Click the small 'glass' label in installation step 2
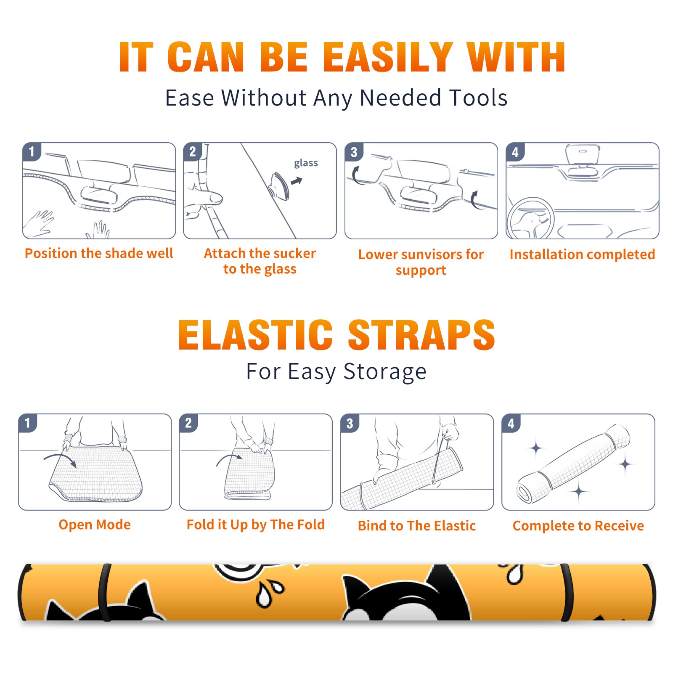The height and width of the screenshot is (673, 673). point(306,163)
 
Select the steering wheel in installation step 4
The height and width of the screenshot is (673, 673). point(530,218)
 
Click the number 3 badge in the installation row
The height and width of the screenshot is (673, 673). point(354,152)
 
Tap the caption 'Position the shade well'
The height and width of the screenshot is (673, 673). point(99,253)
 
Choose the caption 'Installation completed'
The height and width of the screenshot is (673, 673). point(582,254)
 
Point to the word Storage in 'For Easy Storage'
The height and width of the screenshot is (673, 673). point(385,372)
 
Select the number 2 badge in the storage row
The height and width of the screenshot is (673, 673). point(188,423)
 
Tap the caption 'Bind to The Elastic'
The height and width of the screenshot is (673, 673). point(416,525)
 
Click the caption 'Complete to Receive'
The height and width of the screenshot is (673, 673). point(578,525)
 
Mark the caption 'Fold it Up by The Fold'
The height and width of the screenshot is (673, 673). point(255,525)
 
